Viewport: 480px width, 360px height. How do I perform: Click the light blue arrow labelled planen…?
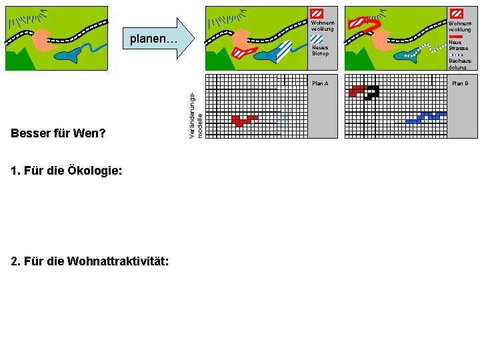click(x=157, y=39)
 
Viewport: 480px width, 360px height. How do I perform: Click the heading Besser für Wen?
click(x=58, y=133)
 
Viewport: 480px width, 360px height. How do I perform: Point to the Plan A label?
click(x=320, y=83)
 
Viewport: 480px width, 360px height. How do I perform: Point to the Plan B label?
click(x=460, y=83)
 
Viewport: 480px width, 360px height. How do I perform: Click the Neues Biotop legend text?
click(x=320, y=51)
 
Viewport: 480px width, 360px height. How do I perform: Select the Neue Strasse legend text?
click(x=459, y=45)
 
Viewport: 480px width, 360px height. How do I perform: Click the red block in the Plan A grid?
click(x=241, y=121)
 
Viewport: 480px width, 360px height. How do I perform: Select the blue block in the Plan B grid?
click(x=425, y=118)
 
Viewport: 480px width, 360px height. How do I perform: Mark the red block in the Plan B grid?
click(x=357, y=90)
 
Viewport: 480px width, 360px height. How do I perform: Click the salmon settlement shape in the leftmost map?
click(x=42, y=39)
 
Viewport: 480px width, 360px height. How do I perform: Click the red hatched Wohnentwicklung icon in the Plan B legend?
click(x=457, y=13)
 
